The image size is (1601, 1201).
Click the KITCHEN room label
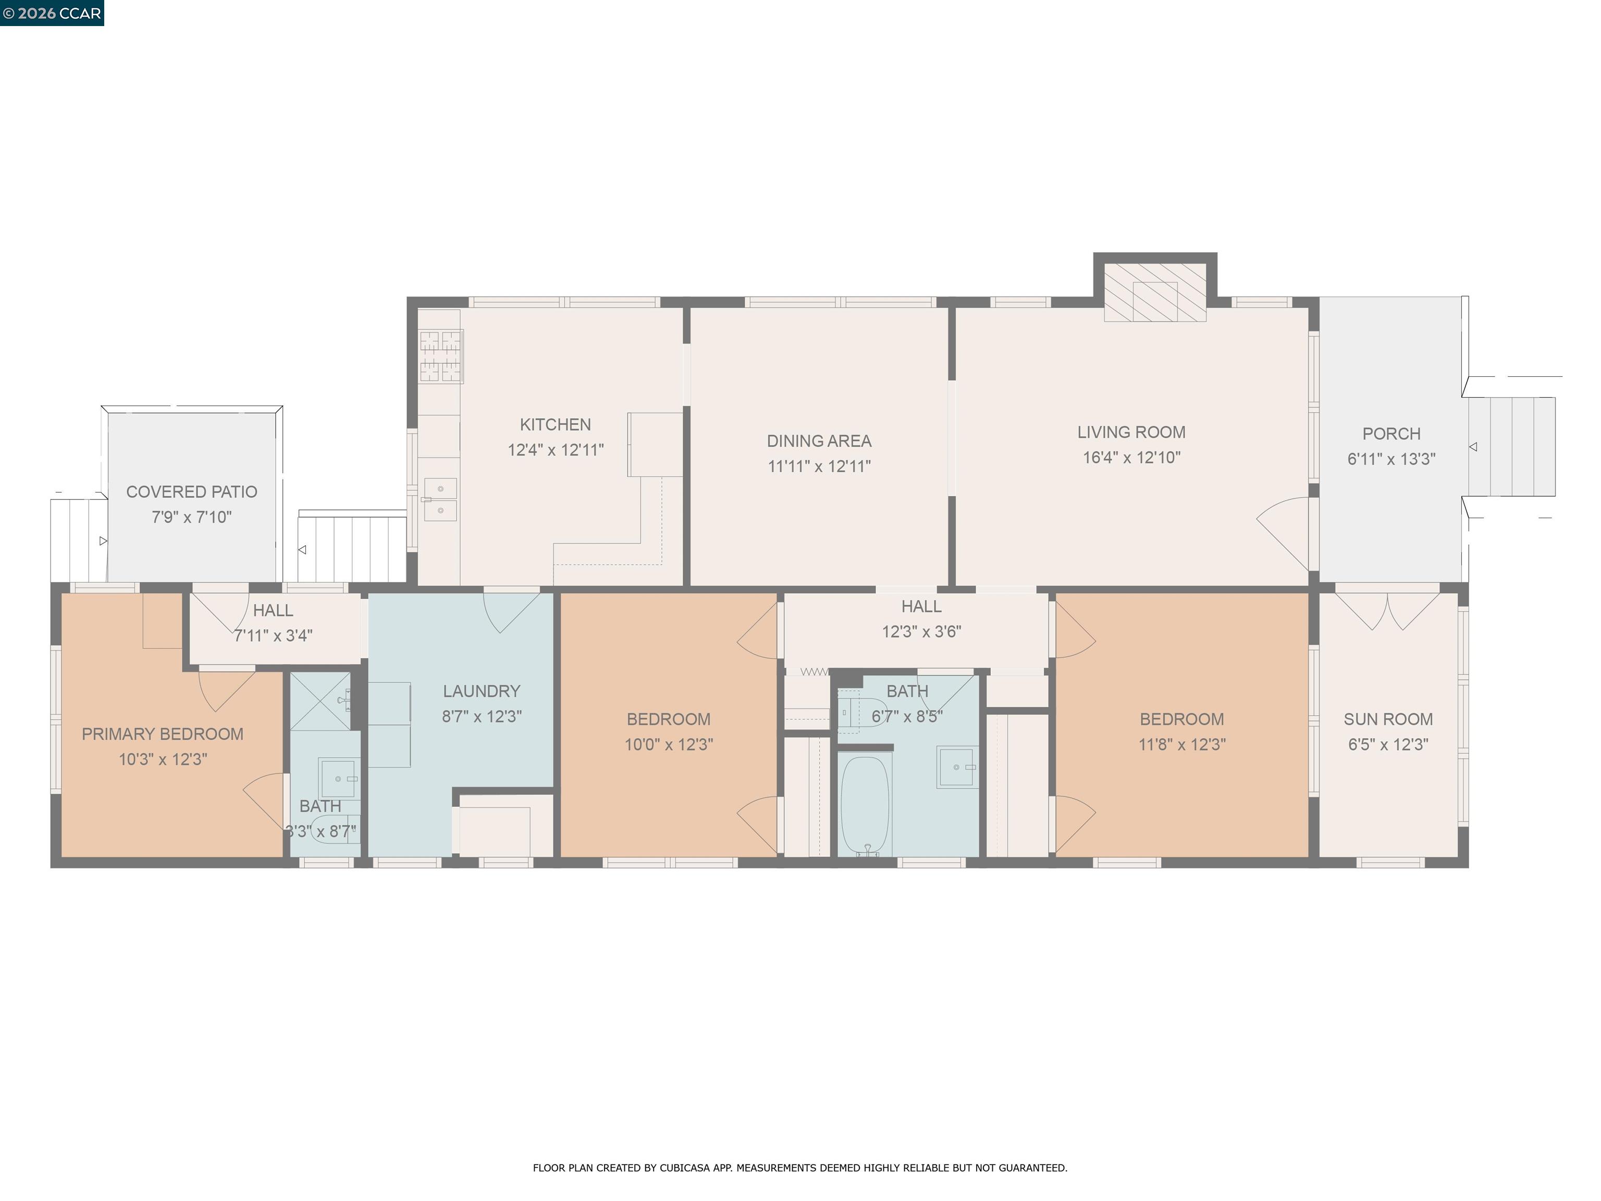(555, 425)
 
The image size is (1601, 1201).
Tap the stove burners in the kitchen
(441, 356)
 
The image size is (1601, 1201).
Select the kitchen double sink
(440, 499)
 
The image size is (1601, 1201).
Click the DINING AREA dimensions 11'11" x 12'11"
(819, 466)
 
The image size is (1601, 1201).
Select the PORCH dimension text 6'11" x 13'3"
(1390, 459)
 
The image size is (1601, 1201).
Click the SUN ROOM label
(1387, 719)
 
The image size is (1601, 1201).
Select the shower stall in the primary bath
(320, 701)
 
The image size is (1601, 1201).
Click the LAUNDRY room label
(482, 691)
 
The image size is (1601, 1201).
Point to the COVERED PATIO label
(192, 492)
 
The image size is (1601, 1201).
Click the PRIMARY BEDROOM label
(162, 734)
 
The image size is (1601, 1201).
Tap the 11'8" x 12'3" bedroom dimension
(1181, 744)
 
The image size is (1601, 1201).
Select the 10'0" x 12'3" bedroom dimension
(668, 744)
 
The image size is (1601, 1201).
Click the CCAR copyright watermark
(52, 13)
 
